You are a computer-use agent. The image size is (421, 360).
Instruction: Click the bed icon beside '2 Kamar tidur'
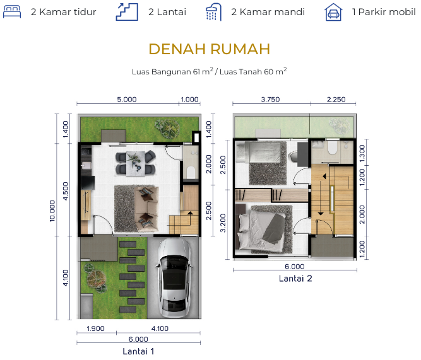pyautogui.click(x=12, y=11)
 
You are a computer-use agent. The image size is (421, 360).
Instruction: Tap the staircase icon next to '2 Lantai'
pyautogui.click(x=127, y=12)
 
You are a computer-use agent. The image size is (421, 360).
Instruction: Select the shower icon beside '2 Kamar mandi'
pyautogui.click(x=213, y=12)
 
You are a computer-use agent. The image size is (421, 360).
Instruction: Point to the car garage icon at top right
pyautogui.click(x=333, y=12)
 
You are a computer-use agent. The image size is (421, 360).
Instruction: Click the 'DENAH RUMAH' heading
pyautogui.click(x=210, y=49)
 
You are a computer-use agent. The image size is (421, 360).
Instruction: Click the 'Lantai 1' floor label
pyautogui.click(x=138, y=351)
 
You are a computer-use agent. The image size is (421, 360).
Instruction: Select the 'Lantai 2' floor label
pyautogui.click(x=295, y=279)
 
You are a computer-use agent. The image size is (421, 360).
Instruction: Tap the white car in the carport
pyautogui.click(x=174, y=277)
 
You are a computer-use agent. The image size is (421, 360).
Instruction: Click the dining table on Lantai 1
pyautogui.click(x=136, y=164)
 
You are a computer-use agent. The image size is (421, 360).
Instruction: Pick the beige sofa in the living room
pyautogui.click(x=146, y=209)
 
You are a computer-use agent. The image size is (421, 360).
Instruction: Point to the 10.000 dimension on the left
pyautogui.click(x=52, y=211)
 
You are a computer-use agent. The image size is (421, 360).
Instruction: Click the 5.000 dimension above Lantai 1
pyautogui.click(x=127, y=100)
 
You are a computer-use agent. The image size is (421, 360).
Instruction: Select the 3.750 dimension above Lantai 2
pyautogui.click(x=270, y=100)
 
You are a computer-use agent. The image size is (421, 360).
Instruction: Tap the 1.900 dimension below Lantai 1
pyautogui.click(x=95, y=328)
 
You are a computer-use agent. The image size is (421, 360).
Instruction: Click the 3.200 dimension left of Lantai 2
pyautogui.click(x=223, y=223)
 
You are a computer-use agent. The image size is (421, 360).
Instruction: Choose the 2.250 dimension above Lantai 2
pyautogui.click(x=336, y=100)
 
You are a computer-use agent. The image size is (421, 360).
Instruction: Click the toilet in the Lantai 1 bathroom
pyautogui.click(x=191, y=172)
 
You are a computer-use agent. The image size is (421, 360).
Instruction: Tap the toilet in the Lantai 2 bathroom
pyautogui.click(x=333, y=148)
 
